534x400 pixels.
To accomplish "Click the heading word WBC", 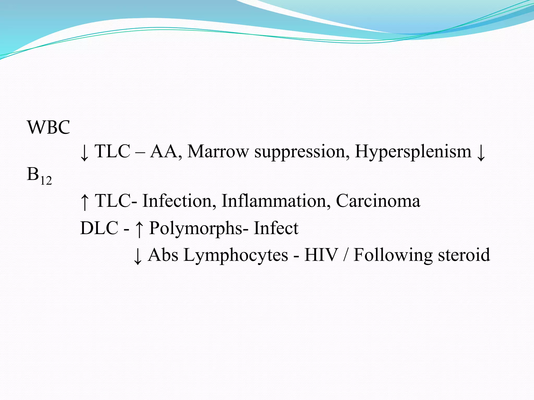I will (48, 127).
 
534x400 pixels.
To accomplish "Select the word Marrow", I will (218, 151).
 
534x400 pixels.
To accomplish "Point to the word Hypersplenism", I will (413, 152).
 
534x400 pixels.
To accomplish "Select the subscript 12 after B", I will (46, 180).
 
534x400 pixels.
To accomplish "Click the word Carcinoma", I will (378, 201).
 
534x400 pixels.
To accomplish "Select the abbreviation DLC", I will (99, 228).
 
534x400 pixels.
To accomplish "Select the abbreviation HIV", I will (321, 255).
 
